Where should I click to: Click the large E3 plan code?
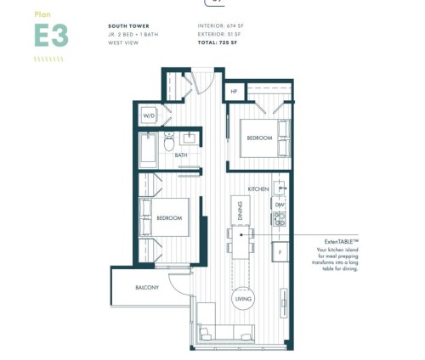click(x=51, y=36)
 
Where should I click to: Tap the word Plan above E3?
click(x=41, y=14)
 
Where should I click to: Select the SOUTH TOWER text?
click(x=129, y=26)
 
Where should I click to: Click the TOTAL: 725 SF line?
click(x=218, y=42)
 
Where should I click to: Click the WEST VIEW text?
click(x=124, y=42)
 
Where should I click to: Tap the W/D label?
click(x=149, y=114)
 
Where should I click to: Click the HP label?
click(x=233, y=90)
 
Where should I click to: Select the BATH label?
click(x=181, y=155)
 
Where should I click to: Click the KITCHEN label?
click(x=259, y=188)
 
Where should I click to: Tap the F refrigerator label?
click(x=278, y=252)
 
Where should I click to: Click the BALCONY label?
click(x=147, y=288)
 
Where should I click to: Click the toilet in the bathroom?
click(x=170, y=138)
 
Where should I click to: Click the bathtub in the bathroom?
click(x=149, y=148)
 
